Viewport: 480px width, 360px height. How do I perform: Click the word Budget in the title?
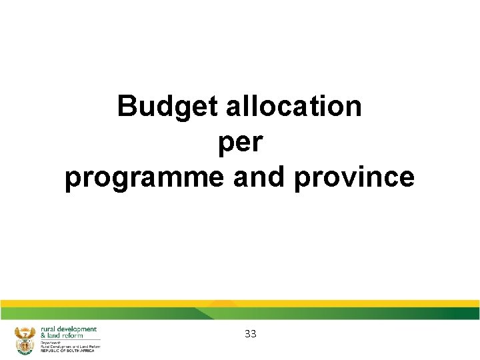pos(169,107)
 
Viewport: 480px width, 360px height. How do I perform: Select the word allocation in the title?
pos(294,107)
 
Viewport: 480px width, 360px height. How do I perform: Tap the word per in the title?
pos(240,143)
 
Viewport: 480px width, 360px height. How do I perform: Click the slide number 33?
pos(251,334)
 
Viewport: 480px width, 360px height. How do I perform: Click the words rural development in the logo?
pos(69,329)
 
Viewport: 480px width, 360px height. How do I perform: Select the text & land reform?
pos(62,335)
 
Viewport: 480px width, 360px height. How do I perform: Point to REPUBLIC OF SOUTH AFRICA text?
pos(67,351)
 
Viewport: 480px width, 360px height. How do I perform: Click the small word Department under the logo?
pos(51,343)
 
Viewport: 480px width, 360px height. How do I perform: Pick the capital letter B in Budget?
pos(127,107)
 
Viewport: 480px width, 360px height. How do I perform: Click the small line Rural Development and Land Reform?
pos(71,347)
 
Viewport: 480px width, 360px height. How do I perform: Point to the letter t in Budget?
pos(215,107)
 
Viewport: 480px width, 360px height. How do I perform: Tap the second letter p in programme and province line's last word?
pos(299,179)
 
